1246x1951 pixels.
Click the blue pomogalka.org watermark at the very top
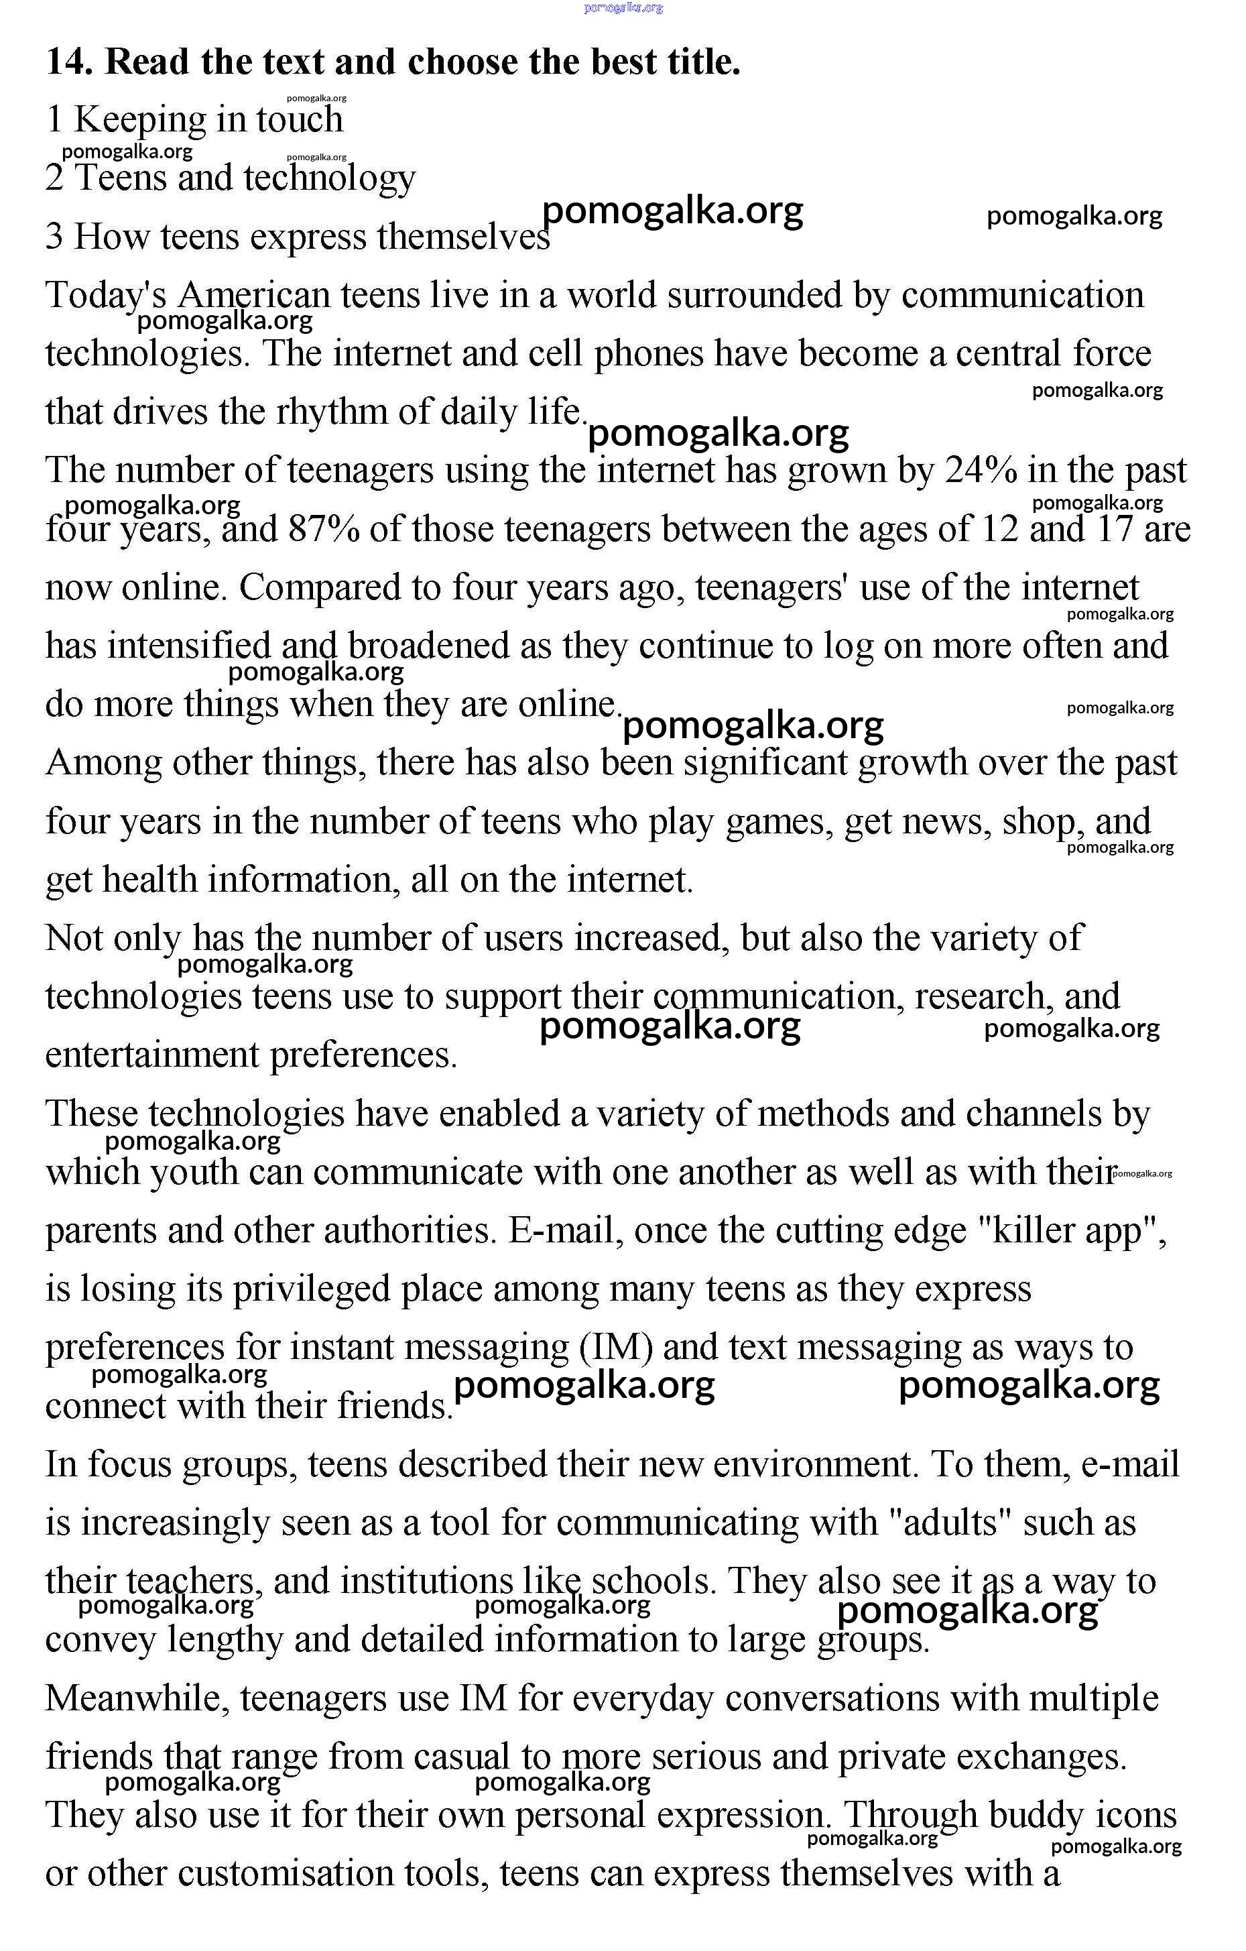[x=623, y=7]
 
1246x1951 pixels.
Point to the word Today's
[x=105, y=296]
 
